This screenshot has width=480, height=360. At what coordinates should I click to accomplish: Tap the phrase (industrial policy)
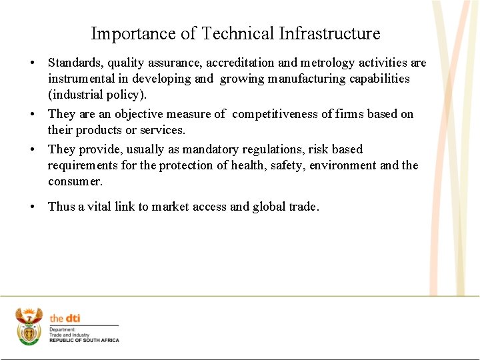coord(97,95)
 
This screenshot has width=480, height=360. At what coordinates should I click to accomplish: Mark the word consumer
coord(75,181)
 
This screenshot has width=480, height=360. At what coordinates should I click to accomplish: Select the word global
coord(271,207)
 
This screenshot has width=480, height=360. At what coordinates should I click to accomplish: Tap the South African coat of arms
coord(29,325)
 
